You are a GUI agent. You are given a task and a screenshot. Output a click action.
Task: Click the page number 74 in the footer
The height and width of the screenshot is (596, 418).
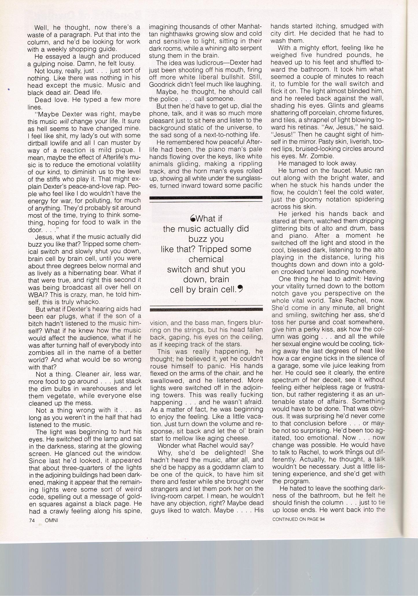[32, 520]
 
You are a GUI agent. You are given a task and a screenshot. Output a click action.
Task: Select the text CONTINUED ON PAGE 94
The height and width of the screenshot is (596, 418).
[298, 519]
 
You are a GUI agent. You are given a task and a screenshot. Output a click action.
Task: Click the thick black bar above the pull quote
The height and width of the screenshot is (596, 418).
[206, 198]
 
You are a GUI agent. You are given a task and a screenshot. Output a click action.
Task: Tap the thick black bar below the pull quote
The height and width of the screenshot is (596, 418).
[206, 309]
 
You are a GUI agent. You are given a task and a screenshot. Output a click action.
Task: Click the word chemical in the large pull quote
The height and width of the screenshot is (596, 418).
[206, 259]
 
